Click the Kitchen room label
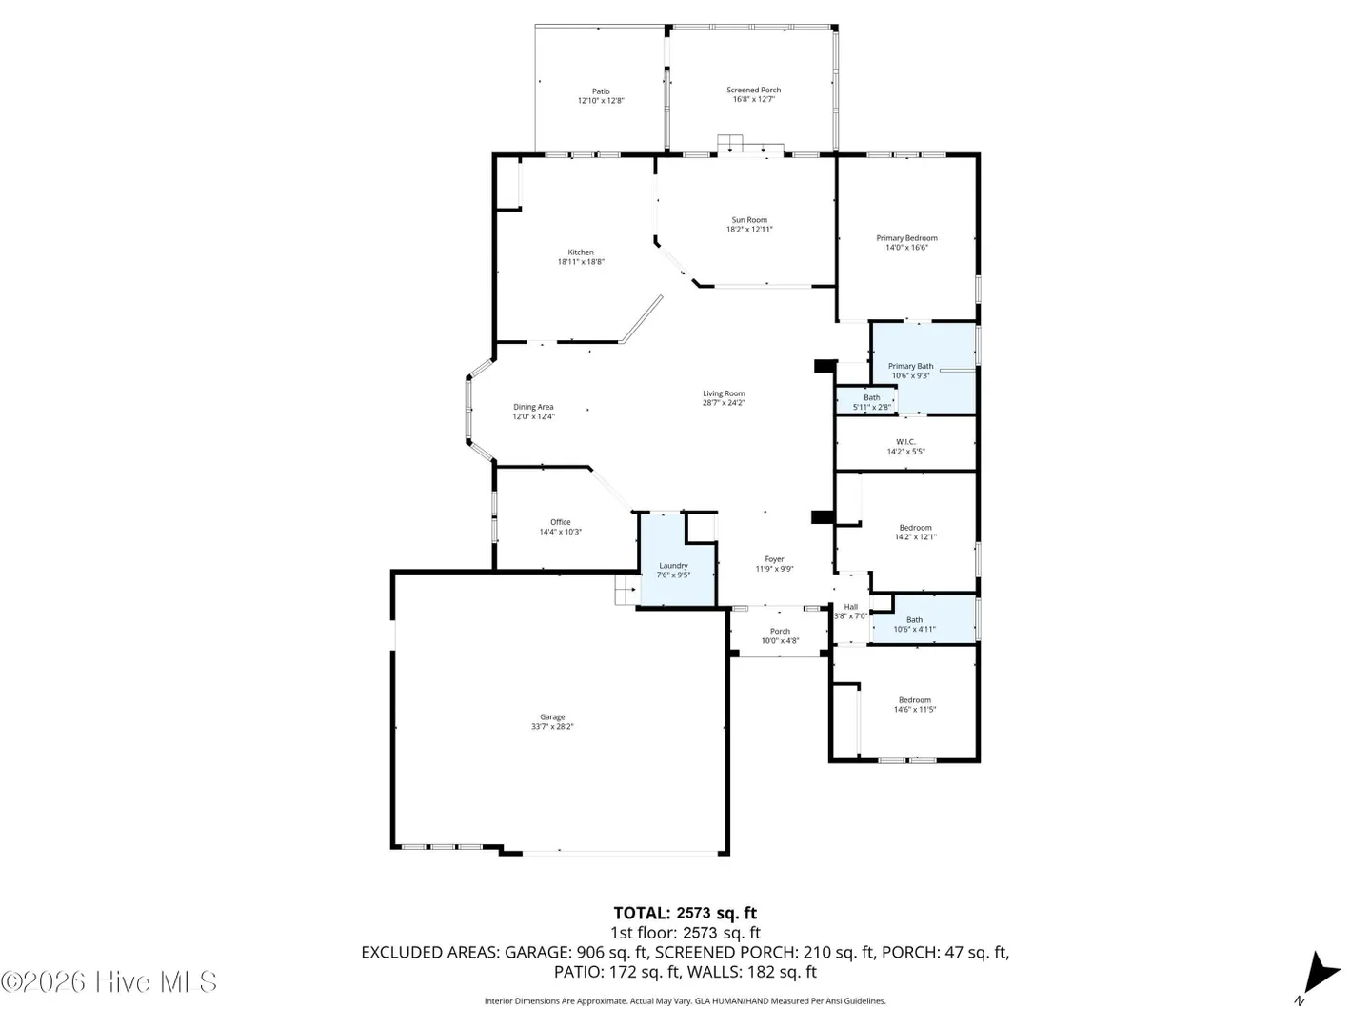(580, 252)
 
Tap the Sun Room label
(749, 220)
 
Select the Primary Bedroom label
(906, 238)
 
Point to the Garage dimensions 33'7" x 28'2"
(552, 727)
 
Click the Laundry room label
(673, 565)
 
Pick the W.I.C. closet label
(905, 442)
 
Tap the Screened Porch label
(753, 90)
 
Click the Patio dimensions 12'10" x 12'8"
(600, 101)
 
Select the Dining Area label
(533, 407)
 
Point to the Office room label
(560, 522)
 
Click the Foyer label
(774, 560)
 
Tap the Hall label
(851, 607)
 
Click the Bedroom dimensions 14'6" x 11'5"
(914, 710)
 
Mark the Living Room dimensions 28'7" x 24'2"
(724, 403)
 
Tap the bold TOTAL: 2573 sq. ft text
(685, 914)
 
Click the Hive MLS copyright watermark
(109, 981)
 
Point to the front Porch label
(780, 632)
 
